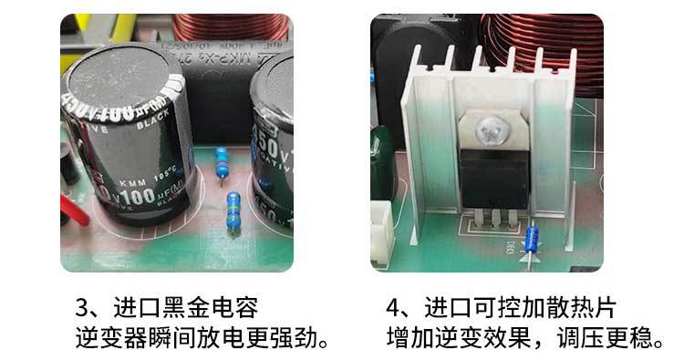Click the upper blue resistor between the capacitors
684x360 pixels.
(x=219, y=165)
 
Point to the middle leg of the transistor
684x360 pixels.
(x=493, y=223)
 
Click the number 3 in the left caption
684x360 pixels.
(x=82, y=305)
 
